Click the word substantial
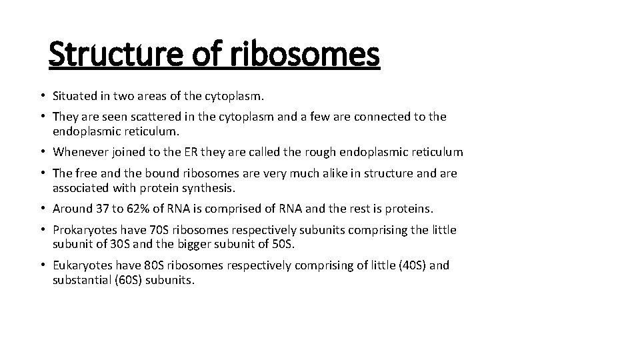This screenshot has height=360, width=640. pos(81,280)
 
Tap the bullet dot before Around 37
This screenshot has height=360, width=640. pos(43,209)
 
